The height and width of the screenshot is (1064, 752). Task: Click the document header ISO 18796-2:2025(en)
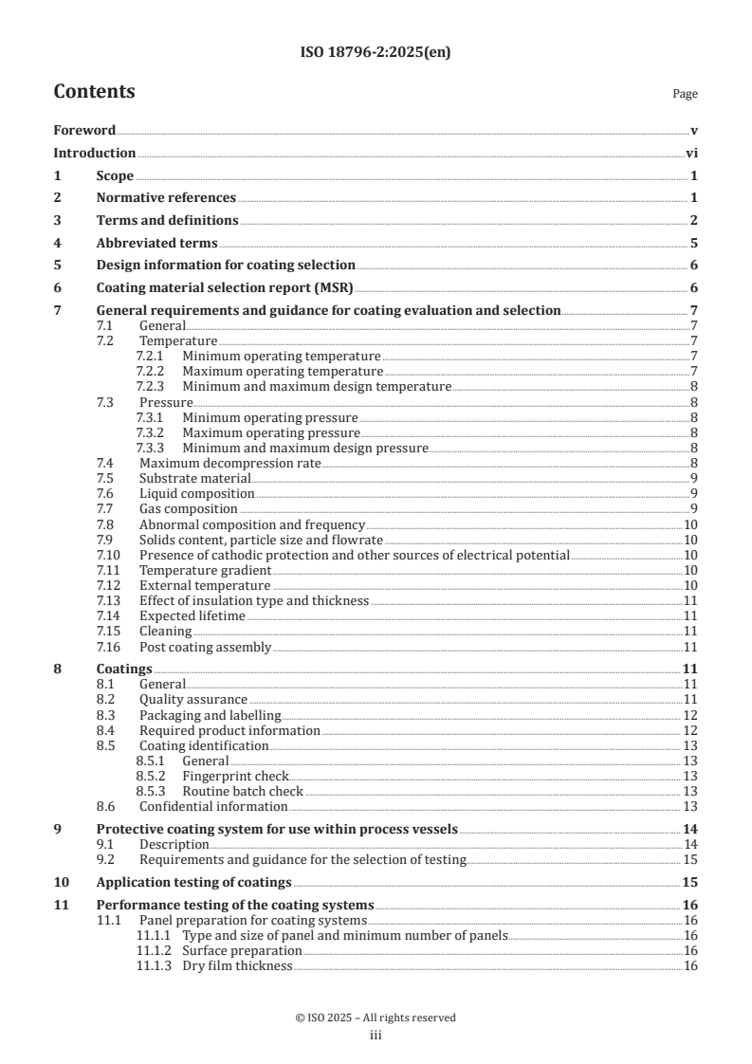click(376, 53)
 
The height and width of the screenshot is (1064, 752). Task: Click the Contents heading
click(94, 92)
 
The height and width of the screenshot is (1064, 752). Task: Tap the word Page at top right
click(685, 94)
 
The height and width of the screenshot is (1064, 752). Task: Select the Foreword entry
click(84, 131)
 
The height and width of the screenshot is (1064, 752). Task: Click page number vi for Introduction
click(691, 154)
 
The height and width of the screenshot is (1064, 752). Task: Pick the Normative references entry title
click(166, 198)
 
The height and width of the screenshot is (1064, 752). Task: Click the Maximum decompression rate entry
click(229, 463)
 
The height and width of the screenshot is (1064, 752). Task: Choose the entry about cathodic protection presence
click(354, 555)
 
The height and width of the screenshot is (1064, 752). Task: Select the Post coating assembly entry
click(205, 647)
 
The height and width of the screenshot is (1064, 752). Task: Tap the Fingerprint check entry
click(235, 776)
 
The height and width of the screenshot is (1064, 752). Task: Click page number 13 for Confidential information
click(690, 806)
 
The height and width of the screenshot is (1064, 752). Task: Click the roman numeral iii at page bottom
click(376, 1036)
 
